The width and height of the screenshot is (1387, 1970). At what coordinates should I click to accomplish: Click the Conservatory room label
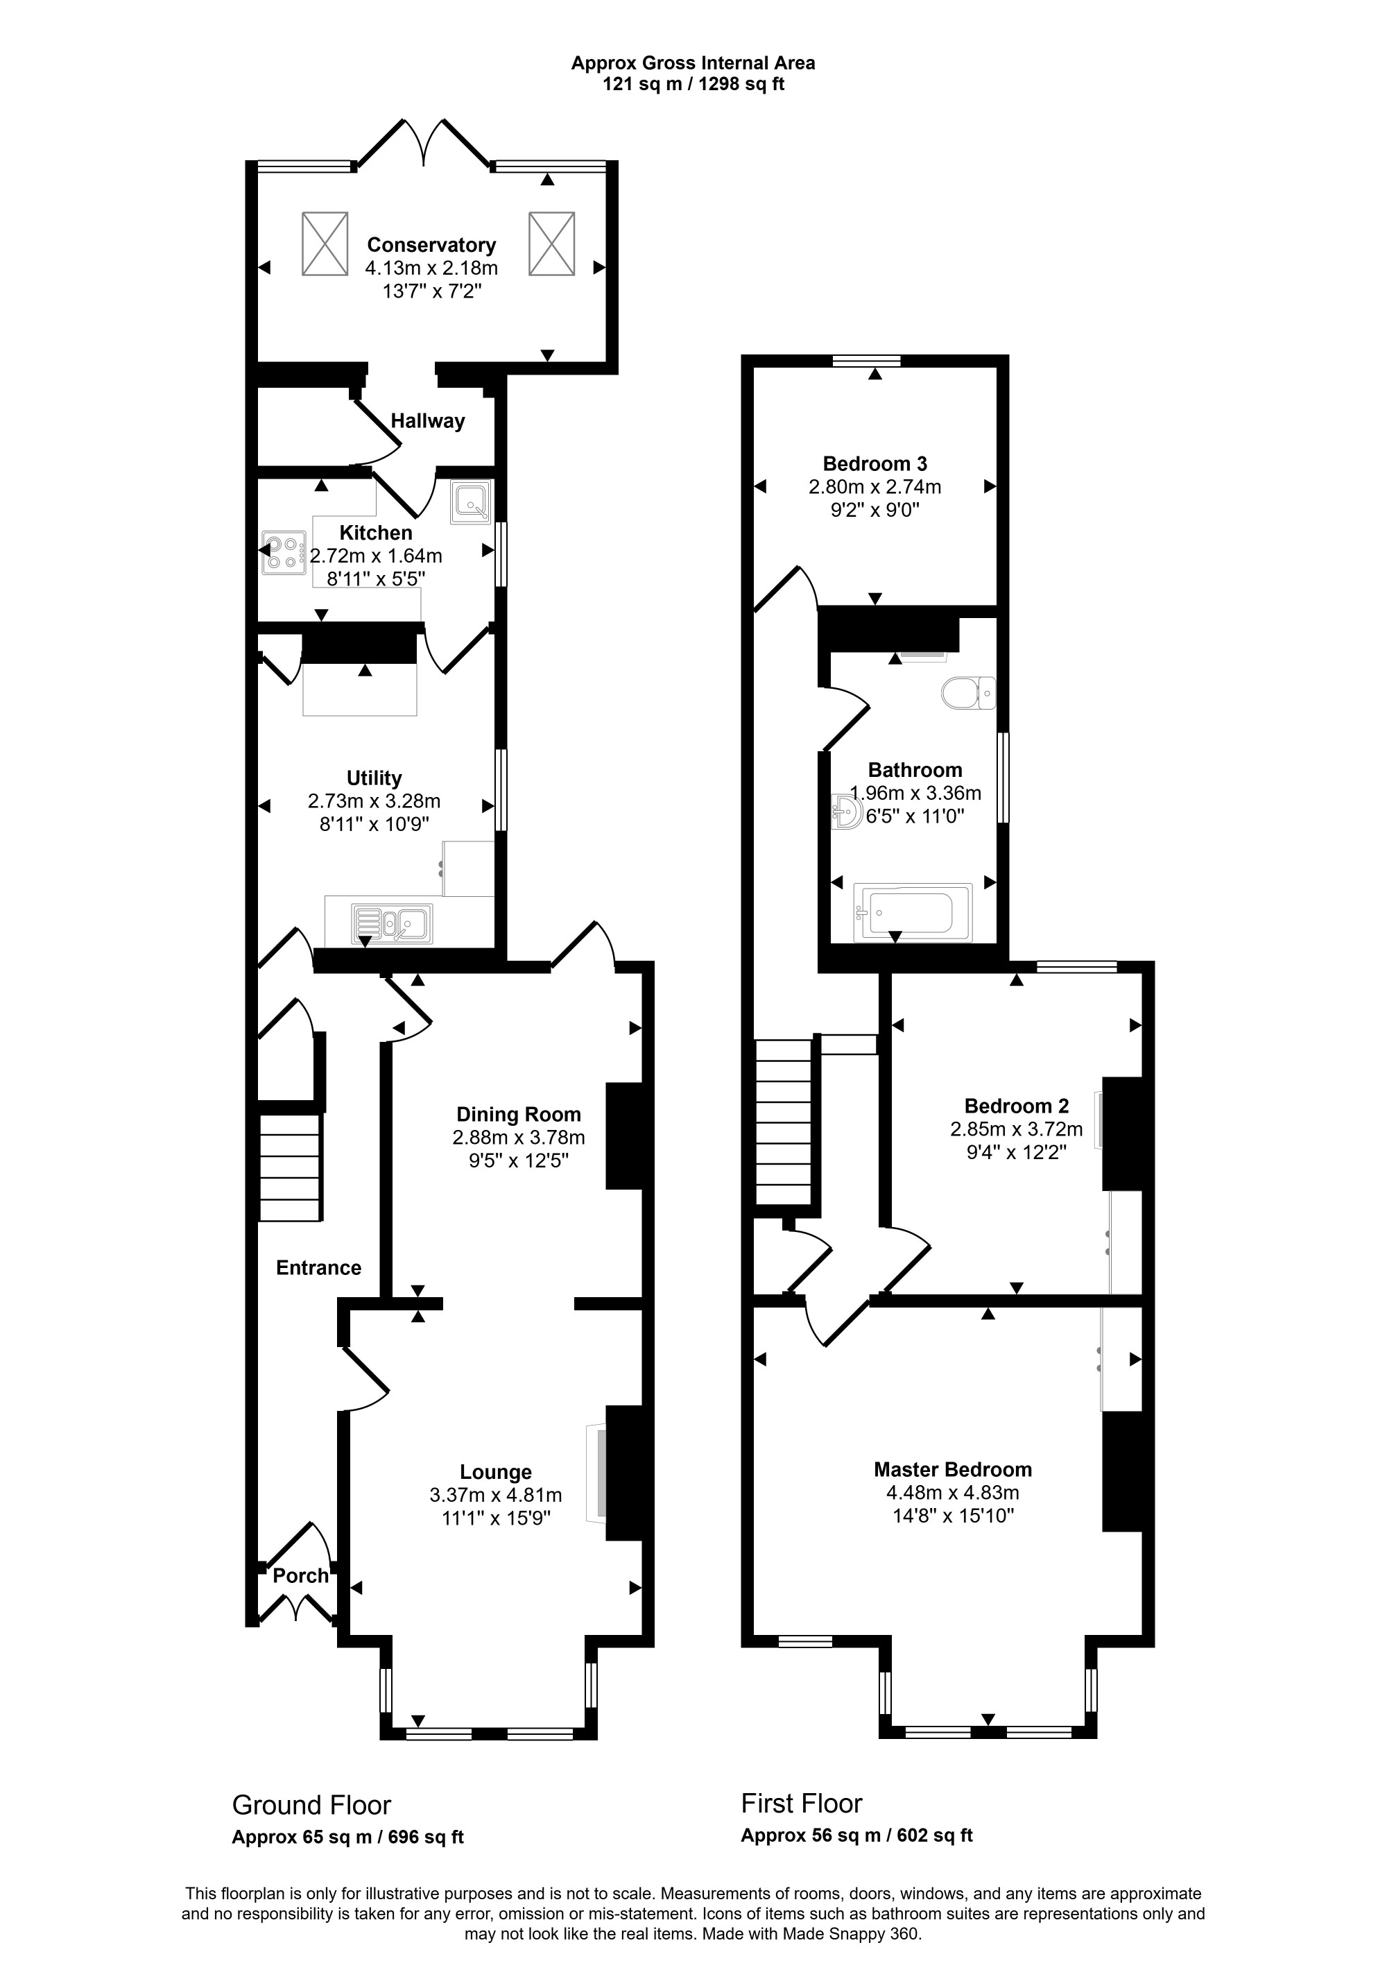point(431,246)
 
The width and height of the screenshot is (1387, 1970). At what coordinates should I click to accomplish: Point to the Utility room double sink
point(392,924)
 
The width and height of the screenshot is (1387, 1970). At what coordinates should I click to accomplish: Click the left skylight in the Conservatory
point(325,243)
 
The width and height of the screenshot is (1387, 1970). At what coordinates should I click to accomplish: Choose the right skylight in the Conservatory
point(551,243)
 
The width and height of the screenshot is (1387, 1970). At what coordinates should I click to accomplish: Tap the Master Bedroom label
point(953,1469)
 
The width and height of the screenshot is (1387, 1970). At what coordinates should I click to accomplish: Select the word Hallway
point(428,421)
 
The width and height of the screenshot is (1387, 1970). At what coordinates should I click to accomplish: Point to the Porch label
point(300,1575)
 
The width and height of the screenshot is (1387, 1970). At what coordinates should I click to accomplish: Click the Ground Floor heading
point(311,1806)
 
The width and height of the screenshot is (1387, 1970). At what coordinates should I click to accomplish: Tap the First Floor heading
point(801,1804)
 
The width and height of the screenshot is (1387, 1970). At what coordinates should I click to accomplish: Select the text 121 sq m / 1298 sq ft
point(693,84)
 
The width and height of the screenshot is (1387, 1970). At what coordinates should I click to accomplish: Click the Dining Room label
point(518,1115)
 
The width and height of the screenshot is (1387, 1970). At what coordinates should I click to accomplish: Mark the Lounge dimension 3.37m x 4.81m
point(496,1496)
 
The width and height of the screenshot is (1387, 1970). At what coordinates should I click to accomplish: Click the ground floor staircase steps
point(290,1167)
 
